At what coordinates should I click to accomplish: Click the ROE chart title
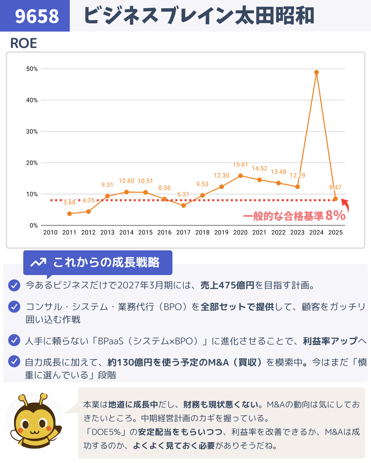tap(23, 43)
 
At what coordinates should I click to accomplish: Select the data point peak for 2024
tap(316, 72)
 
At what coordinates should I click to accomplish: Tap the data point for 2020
tap(240, 176)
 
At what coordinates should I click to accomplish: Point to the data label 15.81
tap(240, 165)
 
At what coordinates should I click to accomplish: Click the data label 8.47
tap(335, 187)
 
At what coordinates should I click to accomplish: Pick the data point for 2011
tap(69, 214)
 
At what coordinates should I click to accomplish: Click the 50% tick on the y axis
tap(32, 69)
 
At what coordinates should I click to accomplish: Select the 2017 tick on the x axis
tap(183, 233)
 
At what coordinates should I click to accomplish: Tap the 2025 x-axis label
tap(335, 233)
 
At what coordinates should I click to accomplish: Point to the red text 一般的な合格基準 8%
tap(294, 216)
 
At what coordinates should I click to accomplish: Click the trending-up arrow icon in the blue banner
tap(38, 263)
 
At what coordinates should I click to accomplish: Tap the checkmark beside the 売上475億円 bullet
tap(14, 285)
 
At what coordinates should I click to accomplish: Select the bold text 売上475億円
tap(227, 285)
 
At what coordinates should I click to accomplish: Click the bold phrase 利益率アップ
tap(330, 341)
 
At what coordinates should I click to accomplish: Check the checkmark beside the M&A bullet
tap(14, 361)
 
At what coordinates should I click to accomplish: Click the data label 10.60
tap(126, 181)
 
